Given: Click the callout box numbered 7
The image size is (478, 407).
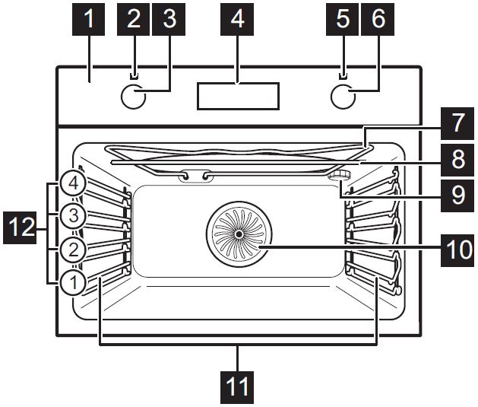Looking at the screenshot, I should tap(457, 122).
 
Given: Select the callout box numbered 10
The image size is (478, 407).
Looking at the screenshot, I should tap(456, 248).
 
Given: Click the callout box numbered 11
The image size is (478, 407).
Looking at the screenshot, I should tap(238, 387).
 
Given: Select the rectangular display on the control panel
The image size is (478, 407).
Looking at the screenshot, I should tap(238, 96).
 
